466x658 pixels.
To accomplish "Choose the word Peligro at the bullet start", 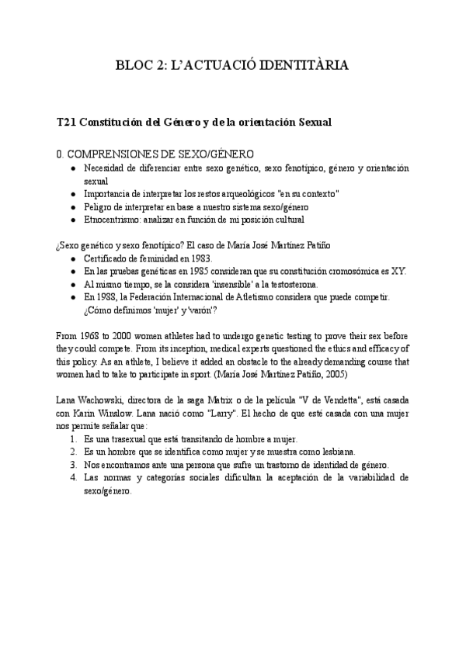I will [98, 207].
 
